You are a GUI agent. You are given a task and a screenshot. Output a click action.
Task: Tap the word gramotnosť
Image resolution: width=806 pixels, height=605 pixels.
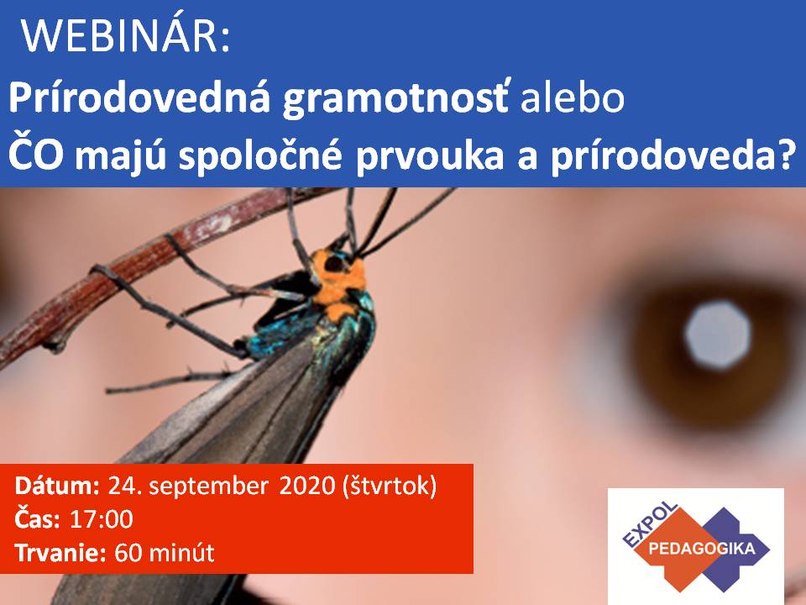[x=395, y=99]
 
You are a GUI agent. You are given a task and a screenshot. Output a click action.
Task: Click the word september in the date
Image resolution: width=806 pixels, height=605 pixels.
[x=208, y=487]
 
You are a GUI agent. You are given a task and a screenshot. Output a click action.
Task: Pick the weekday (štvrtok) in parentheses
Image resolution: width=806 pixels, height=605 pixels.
[x=390, y=486]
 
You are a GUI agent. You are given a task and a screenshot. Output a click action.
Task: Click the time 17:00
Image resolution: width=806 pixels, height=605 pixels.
[x=102, y=519]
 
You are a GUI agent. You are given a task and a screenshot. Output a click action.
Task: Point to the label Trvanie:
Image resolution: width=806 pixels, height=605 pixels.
[x=60, y=553]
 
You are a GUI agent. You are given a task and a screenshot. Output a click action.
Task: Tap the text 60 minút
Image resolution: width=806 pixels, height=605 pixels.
[x=164, y=553]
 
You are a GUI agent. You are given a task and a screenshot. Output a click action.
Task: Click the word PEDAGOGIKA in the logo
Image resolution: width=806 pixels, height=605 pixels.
[x=702, y=549]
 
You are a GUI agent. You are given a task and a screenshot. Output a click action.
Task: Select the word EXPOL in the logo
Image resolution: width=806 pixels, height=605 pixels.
[x=650, y=524]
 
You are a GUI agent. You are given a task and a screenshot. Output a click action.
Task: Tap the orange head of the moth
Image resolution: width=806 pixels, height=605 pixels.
[x=338, y=282]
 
